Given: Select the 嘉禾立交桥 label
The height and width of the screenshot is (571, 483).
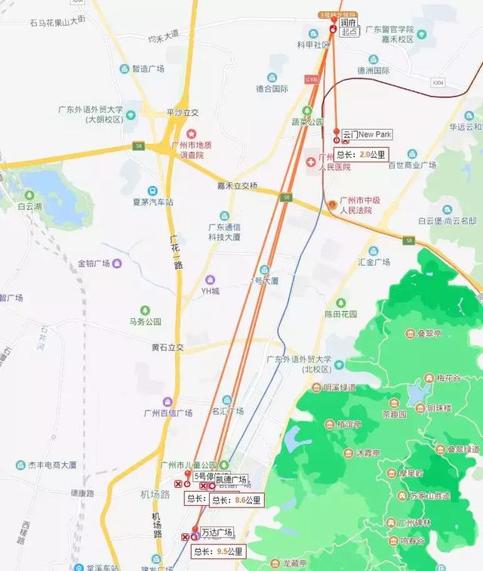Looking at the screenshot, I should click(x=238, y=186).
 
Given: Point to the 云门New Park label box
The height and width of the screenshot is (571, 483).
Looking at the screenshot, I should click(x=367, y=134).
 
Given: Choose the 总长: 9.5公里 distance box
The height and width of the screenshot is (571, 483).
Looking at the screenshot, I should click(x=218, y=551).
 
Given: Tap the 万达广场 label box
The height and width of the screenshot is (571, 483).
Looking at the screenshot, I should click(x=217, y=532).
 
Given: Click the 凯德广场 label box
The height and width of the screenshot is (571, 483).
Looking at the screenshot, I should click(x=231, y=480).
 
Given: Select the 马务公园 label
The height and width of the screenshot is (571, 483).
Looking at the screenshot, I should click(x=145, y=321).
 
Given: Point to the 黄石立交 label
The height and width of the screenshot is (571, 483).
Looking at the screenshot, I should click(x=167, y=347).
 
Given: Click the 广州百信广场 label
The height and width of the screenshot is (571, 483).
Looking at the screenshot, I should click(x=168, y=412).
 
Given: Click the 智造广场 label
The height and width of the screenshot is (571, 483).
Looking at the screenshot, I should click(x=148, y=68).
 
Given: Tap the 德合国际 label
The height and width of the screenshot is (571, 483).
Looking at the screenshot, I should click(x=272, y=88).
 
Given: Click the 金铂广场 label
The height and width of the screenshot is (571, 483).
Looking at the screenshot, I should click(x=94, y=264).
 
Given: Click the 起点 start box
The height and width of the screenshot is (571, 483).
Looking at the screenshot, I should click(x=349, y=32).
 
